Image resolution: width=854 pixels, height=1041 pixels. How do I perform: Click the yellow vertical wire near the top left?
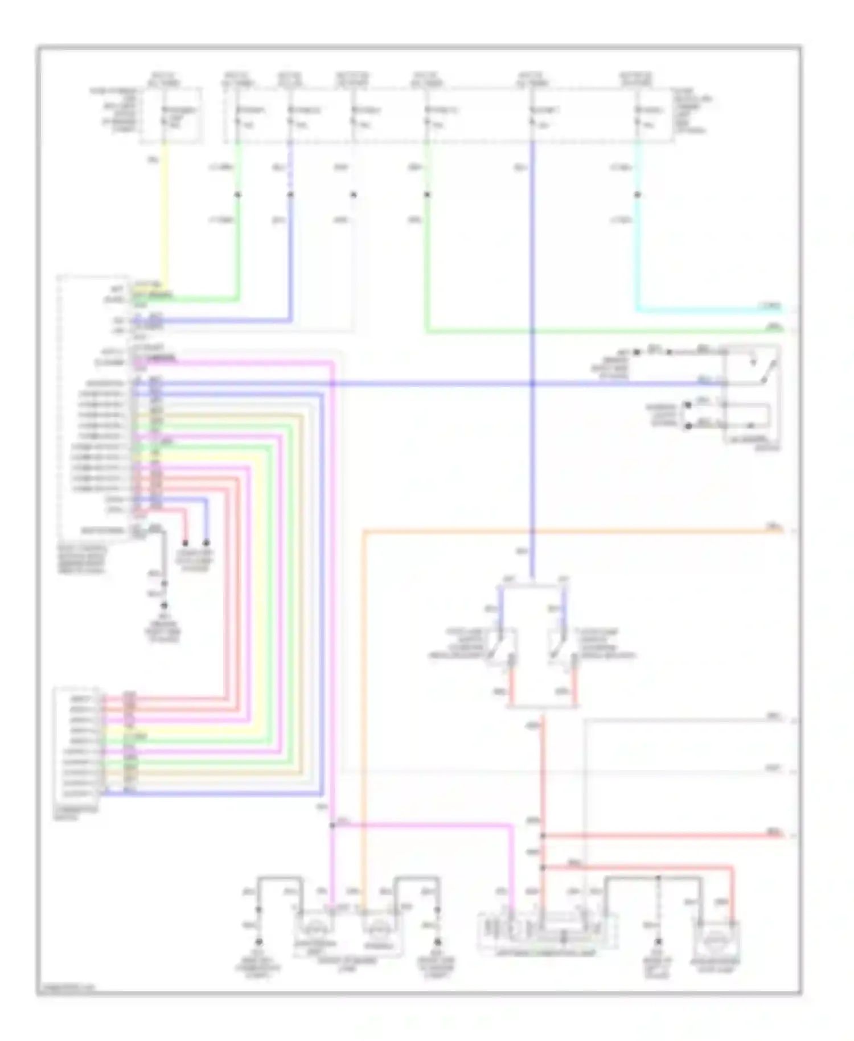[x=165, y=216]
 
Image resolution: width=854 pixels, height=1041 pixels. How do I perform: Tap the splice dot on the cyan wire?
[x=638, y=195]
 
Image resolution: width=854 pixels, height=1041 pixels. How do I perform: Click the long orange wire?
[x=569, y=531]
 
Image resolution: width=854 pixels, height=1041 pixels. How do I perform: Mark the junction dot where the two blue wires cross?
[x=532, y=384]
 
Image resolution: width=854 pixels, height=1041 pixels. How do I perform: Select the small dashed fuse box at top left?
[x=171, y=114]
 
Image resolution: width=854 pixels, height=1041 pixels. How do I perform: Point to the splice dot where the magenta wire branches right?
[x=332, y=825]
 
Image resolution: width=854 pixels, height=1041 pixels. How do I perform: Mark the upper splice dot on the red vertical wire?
[x=543, y=836]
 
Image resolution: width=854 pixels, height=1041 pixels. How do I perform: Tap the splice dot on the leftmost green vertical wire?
[x=238, y=195]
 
